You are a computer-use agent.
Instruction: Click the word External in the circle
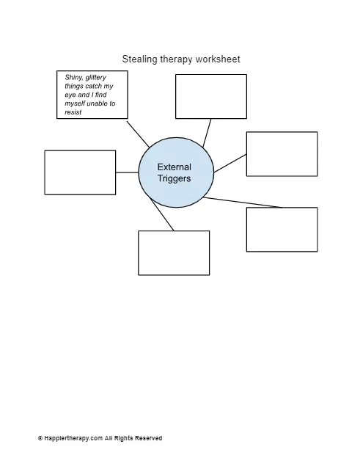click(175, 167)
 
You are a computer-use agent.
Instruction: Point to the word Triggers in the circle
click(174, 178)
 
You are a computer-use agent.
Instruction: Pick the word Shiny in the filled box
click(73, 78)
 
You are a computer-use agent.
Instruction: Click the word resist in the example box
click(73, 112)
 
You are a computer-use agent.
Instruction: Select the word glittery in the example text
click(95, 78)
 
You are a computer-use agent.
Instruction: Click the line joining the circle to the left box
click(127, 172)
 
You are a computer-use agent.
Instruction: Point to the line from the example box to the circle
click(138, 134)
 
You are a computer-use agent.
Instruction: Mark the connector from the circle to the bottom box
click(162, 214)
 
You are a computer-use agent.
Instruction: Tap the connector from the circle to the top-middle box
click(207, 133)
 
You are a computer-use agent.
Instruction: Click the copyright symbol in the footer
click(40, 438)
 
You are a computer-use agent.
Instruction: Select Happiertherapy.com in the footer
click(73, 438)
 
